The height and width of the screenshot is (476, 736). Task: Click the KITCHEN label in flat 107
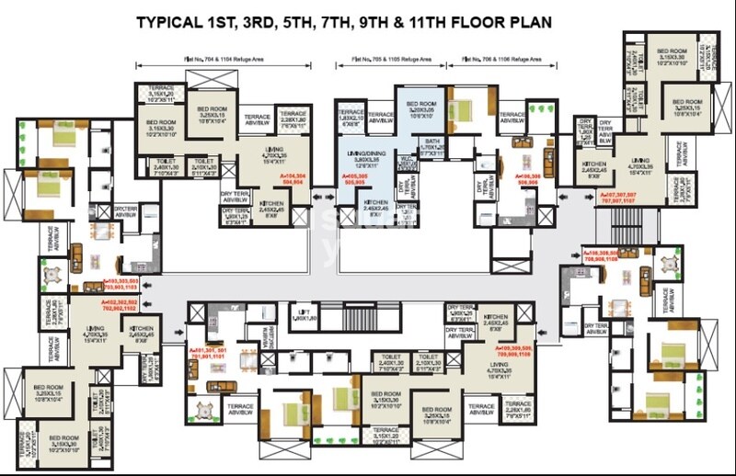(x=593, y=166)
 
